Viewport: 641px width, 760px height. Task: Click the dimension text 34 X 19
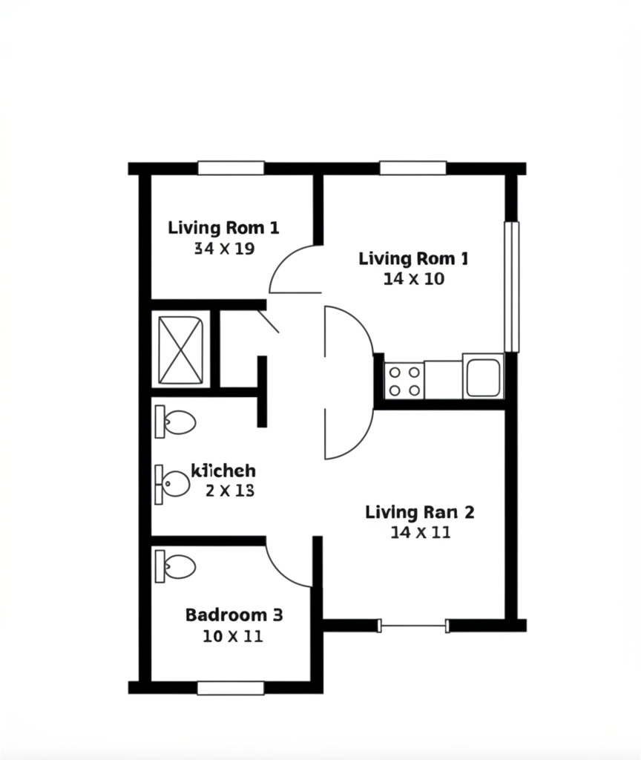coord(224,249)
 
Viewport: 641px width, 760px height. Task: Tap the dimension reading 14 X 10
coord(414,279)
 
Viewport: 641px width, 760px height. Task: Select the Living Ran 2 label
coord(420,512)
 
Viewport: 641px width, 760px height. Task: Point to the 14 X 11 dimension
coord(420,532)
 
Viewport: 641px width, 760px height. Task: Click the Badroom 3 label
coord(234,615)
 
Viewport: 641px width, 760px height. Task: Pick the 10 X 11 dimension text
coord(232,636)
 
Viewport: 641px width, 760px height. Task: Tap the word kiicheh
coord(223,471)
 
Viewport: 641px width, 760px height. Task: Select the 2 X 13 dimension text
coord(230,490)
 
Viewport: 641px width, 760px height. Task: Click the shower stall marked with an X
coord(181,350)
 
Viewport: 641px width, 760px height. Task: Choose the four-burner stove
coord(404,381)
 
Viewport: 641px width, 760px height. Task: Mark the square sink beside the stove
coord(483,376)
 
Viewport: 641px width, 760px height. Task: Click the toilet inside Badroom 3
coord(175,567)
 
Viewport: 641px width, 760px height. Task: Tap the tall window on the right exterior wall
coord(511,286)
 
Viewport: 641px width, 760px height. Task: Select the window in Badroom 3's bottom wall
coord(231,688)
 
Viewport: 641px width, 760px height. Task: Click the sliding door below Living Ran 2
coord(413,626)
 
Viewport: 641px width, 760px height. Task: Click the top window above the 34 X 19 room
coord(231,168)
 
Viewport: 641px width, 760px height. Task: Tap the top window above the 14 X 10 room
coord(413,168)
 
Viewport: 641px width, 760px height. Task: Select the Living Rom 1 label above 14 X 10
coord(413,259)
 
